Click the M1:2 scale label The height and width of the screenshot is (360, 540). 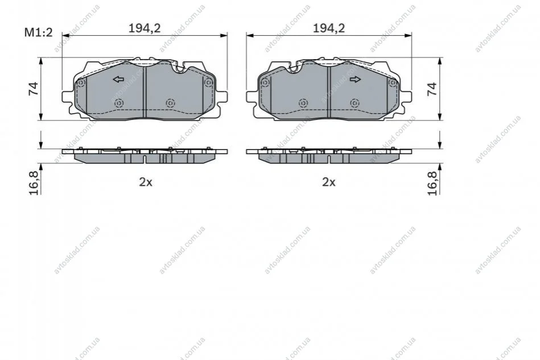[38, 32]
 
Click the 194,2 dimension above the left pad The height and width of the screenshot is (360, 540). [145, 28]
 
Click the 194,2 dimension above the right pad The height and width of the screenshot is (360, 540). [328, 28]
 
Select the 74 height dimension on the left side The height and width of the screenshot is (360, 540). [34, 89]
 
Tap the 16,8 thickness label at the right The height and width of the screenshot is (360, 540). [432, 183]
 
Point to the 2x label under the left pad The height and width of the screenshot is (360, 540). [146, 182]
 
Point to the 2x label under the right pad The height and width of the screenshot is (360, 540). [329, 182]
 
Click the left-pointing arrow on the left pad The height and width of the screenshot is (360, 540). [118, 80]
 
